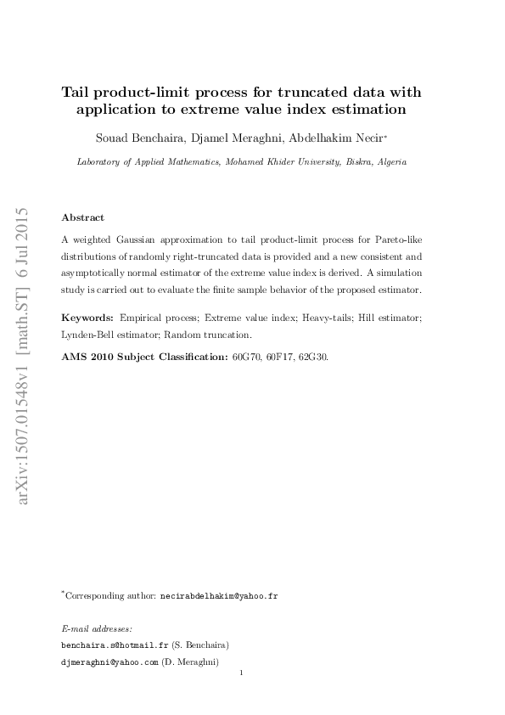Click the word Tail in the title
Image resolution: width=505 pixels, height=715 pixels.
[78, 93]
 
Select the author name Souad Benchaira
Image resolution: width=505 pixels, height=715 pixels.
[135, 138]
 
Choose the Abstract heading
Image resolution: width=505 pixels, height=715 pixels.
[83, 217]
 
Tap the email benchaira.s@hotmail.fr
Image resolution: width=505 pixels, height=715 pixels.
[109, 645]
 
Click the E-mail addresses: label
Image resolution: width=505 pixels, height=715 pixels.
[97, 628]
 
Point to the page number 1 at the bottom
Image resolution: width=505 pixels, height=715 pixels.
[242, 674]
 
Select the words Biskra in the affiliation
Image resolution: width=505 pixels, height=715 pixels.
[352, 161]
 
